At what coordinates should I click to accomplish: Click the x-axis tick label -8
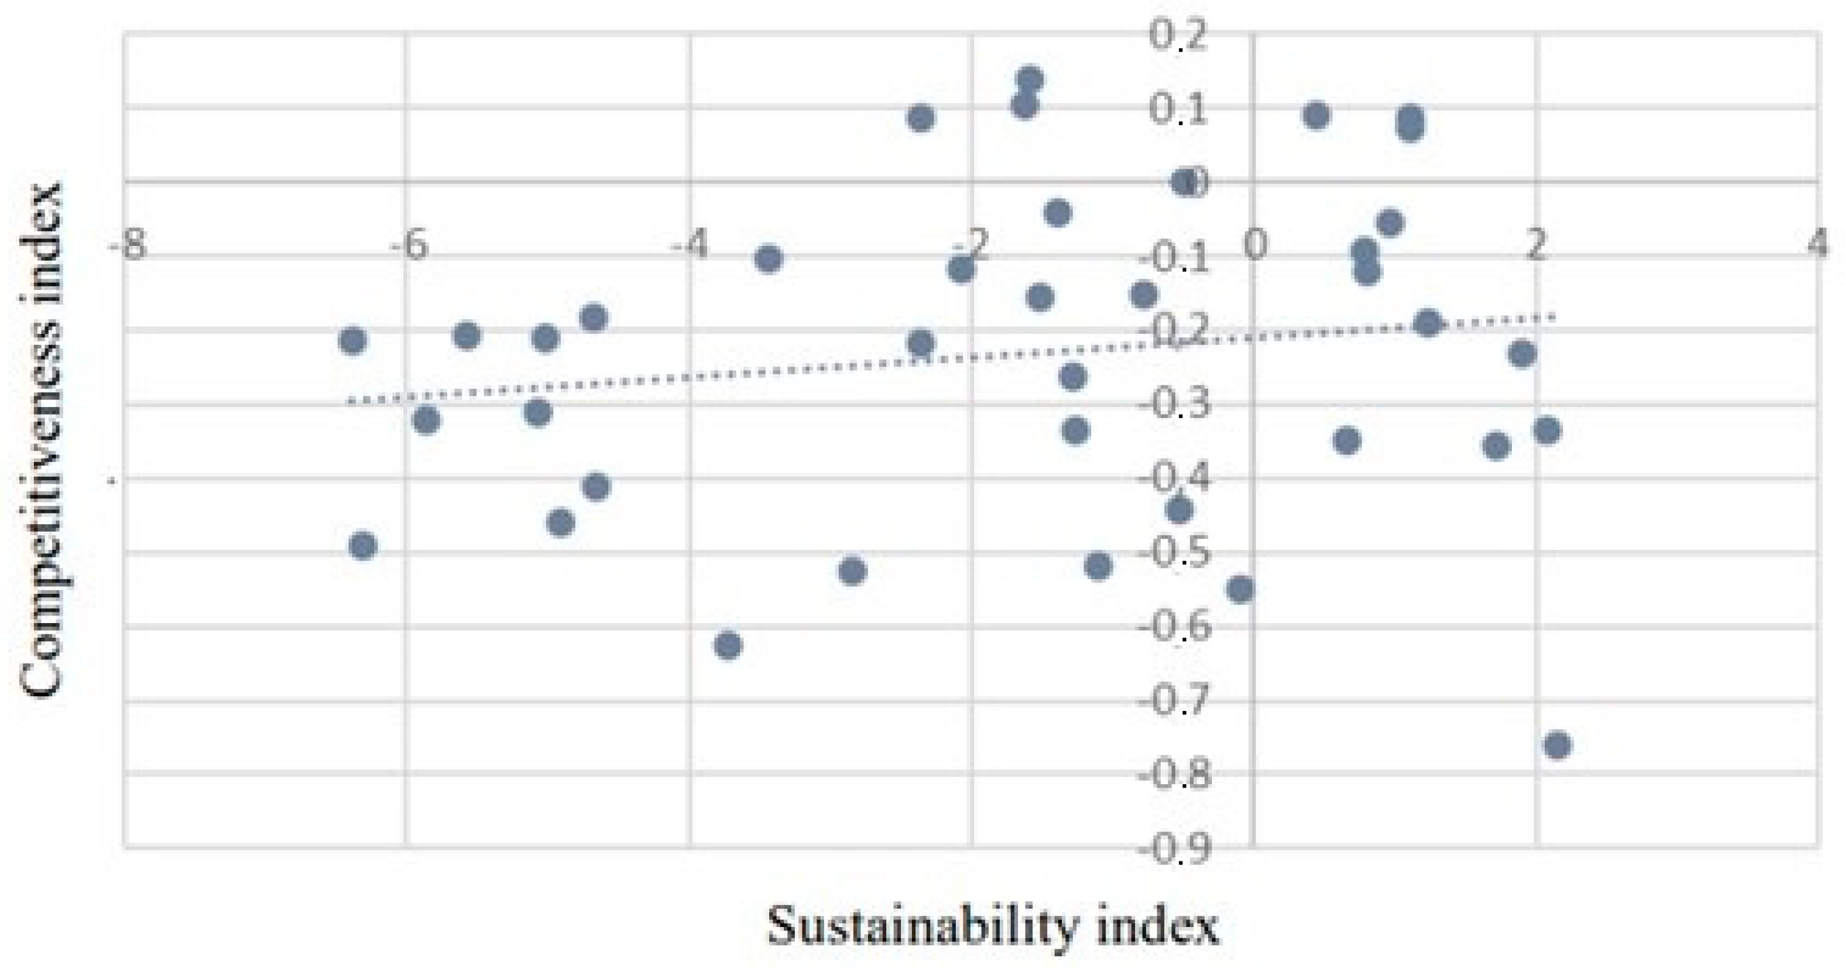click(127, 246)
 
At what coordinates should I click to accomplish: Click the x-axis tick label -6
click(409, 246)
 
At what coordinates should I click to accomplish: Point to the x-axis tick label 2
click(1534, 246)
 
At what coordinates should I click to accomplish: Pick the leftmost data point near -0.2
click(352, 340)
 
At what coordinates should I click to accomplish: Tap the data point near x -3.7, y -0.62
click(728, 645)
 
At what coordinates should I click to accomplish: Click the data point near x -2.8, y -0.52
click(852, 571)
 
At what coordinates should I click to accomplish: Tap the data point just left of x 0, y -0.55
click(1240, 589)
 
